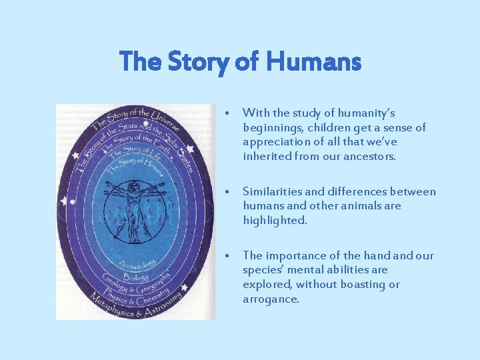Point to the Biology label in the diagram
[135, 274]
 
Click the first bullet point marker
[228, 113]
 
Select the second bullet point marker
[228, 192]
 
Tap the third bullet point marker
[228, 256]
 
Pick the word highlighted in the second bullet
[275, 221]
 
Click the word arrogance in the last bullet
[271, 299]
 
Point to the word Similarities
[275, 192]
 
